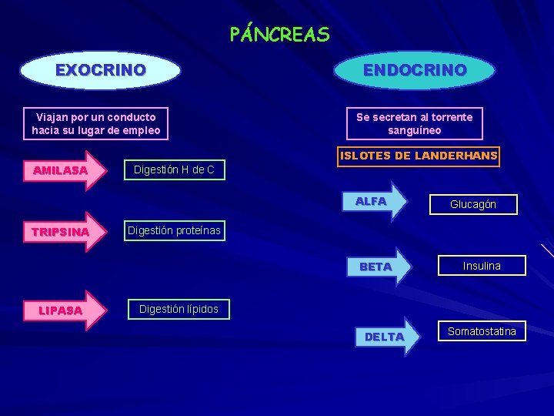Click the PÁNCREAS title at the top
click(x=279, y=35)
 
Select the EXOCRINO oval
click(x=100, y=70)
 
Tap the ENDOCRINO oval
click(x=415, y=70)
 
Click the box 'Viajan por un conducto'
click(x=96, y=123)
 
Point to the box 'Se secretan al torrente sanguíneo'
click(x=415, y=123)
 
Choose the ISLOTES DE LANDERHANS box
click(x=419, y=156)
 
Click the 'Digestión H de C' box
click(x=174, y=169)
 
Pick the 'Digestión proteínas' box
click(x=174, y=230)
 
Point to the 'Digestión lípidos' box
click(x=179, y=309)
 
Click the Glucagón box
click(x=473, y=204)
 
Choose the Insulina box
click(x=482, y=266)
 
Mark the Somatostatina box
click(x=482, y=331)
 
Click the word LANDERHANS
click(x=456, y=156)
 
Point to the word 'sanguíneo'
click(x=415, y=130)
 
